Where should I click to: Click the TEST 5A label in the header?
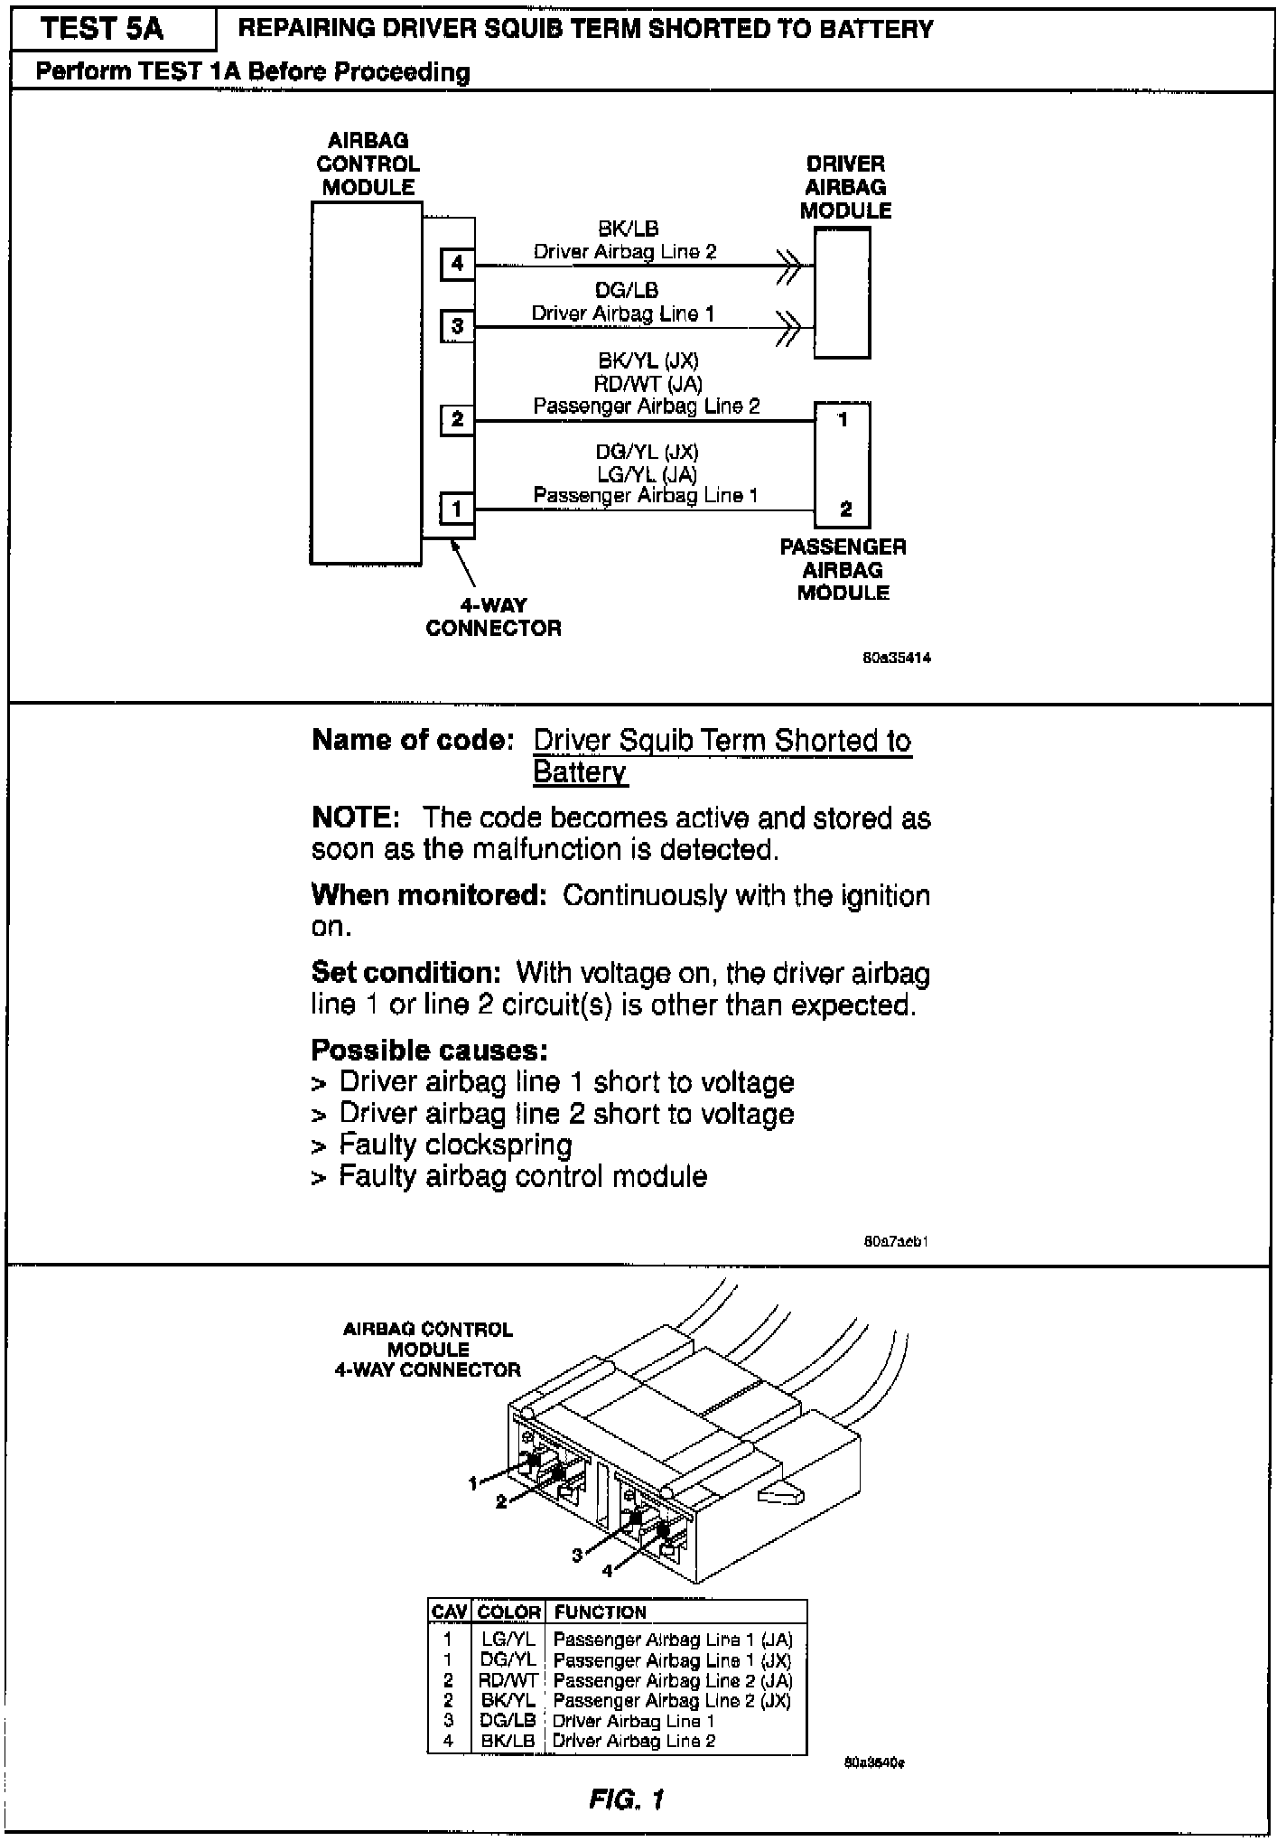pyautogui.click(x=102, y=29)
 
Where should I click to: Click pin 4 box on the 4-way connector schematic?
pyautogui.click(x=457, y=264)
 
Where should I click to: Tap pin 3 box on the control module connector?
pyautogui.click(x=457, y=326)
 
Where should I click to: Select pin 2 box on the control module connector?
pyautogui.click(x=457, y=419)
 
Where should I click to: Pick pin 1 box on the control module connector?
pyautogui.click(x=457, y=509)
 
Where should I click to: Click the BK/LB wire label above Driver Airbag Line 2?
pyautogui.click(x=628, y=229)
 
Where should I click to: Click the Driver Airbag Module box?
pyautogui.click(x=842, y=293)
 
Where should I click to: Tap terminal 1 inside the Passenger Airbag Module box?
pyautogui.click(x=843, y=420)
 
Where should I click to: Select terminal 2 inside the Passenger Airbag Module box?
pyautogui.click(x=845, y=509)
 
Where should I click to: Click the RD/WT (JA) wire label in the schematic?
pyautogui.click(x=647, y=384)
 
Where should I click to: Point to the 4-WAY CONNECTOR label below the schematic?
pyautogui.click(x=493, y=617)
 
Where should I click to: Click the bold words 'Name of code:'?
pyautogui.click(x=413, y=741)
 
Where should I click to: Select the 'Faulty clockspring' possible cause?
pyautogui.click(x=455, y=1145)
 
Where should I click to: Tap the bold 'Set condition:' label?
pyautogui.click(x=405, y=973)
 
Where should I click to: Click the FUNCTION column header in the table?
pyautogui.click(x=600, y=1612)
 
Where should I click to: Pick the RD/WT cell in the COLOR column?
pyautogui.click(x=508, y=1681)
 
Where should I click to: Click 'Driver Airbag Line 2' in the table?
pyautogui.click(x=634, y=1741)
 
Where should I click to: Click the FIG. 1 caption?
pyautogui.click(x=626, y=1800)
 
